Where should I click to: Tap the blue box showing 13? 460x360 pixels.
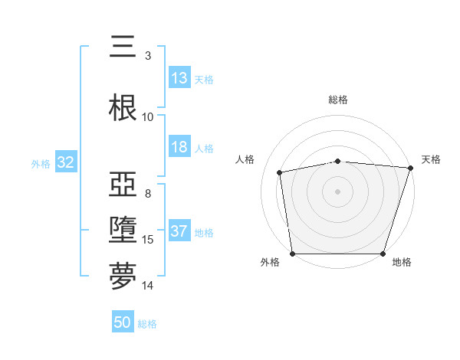[179, 78]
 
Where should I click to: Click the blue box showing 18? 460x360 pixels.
[179, 148]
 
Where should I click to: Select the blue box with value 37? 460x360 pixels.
[179, 232]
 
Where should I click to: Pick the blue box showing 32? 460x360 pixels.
[65, 162]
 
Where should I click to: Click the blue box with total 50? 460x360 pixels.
[123, 322]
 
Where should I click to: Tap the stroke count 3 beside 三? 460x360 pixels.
[148, 55]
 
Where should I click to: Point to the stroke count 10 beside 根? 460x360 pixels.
[148, 116]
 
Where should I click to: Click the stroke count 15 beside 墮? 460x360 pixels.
[148, 240]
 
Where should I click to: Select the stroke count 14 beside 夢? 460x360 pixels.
[148, 286]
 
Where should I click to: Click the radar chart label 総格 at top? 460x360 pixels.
[338, 100]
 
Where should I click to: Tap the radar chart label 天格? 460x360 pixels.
[431, 159]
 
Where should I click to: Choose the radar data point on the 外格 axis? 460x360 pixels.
[292, 254]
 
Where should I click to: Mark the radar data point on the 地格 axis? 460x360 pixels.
[383, 254]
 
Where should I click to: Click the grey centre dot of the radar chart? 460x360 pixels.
[338, 191]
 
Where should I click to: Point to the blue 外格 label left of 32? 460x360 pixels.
[41, 163]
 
